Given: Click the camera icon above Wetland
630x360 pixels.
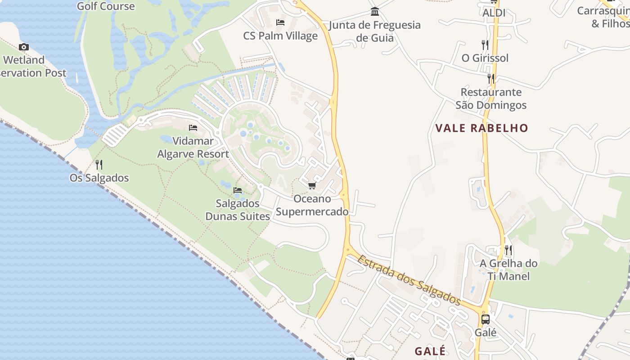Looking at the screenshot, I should click(x=24, y=47).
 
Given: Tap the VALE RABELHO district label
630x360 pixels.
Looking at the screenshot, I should click(x=481, y=128).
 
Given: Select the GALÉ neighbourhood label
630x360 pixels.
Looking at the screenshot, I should click(x=430, y=351).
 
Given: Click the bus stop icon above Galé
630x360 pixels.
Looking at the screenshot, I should click(x=486, y=319).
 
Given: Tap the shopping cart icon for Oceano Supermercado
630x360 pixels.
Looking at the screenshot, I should click(x=312, y=185).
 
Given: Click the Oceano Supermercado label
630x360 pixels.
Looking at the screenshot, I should click(x=312, y=205).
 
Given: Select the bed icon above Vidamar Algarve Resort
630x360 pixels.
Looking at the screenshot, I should click(x=193, y=128).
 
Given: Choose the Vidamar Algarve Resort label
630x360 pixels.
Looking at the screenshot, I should click(x=193, y=148).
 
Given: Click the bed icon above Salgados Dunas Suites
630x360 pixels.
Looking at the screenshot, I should click(x=238, y=190).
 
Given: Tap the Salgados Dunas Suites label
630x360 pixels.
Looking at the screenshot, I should click(x=238, y=210).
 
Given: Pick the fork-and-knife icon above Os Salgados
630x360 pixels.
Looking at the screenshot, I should click(x=99, y=165).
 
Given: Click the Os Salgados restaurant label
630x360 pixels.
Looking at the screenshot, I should click(x=99, y=178).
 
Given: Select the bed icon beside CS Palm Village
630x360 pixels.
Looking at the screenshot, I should click(x=280, y=22).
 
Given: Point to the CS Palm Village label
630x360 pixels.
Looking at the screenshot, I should click(x=280, y=36).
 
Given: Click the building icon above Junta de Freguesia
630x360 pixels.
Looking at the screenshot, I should click(x=374, y=12).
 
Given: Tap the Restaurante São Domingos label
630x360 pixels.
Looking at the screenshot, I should click(x=491, y=99).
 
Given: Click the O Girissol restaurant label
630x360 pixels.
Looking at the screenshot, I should click(x=485, y=58).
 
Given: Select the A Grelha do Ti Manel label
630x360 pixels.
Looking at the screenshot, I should click(x=508, y=270).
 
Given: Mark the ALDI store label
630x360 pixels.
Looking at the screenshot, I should click(x=494, y=13).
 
